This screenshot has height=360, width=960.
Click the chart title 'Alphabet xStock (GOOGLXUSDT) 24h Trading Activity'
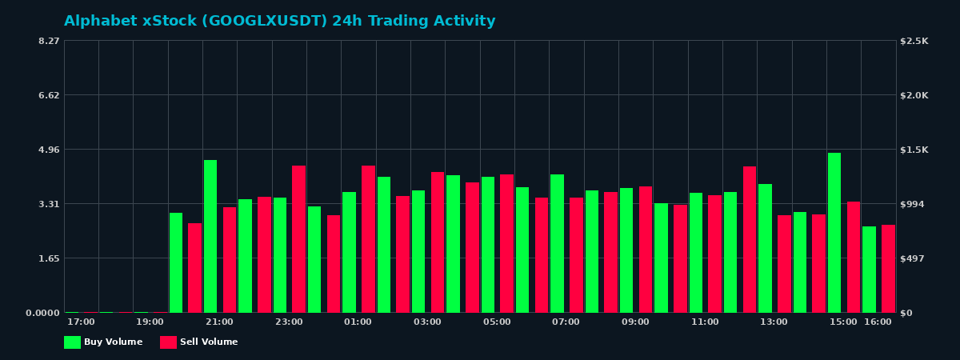pos(279,22)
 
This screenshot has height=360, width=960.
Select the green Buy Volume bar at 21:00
pos(210,236)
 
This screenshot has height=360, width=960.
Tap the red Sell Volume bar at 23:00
pos(298,239)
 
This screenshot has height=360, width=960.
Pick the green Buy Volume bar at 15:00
pos(834,233)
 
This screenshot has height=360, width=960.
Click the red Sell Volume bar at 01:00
pos(368,239)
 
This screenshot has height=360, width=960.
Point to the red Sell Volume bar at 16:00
pos(888,269)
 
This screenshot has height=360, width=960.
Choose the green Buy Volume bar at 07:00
pos(557,243)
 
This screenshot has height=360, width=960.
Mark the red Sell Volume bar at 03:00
pos(438,242)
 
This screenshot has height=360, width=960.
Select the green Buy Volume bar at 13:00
pos(765,248)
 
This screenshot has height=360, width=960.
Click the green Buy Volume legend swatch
pos(72,342)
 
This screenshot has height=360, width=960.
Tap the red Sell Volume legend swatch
pos(168,342)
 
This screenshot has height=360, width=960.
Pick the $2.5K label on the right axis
pos(914,41)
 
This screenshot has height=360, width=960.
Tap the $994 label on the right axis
pos(912,204)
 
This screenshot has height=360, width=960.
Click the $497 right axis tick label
pos(912,258)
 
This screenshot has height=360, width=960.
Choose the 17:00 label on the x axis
pos(81,322)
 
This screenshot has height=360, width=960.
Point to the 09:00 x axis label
pos(635,322)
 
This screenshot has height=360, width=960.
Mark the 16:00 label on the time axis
pos(878,322)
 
